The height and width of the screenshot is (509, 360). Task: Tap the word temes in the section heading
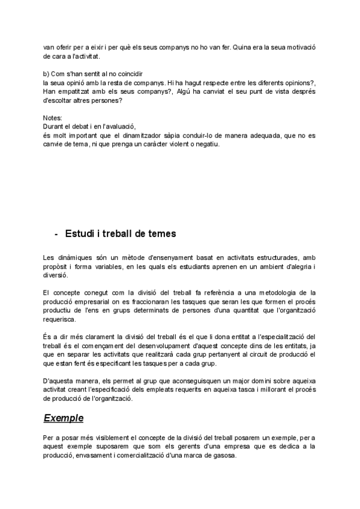(x=160, y=233)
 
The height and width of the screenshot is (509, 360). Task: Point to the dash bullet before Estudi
(x=56, y=233)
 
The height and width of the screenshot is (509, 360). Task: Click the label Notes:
(x=53, y=118)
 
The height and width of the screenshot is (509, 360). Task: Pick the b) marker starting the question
(x=47, y=73)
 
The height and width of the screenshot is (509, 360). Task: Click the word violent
(x=188, y=144)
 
